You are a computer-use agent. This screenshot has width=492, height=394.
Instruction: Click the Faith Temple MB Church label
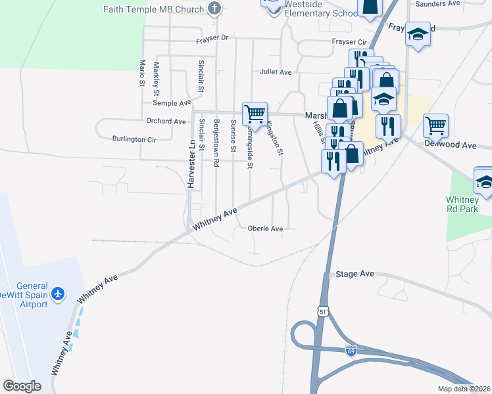click(153, 9)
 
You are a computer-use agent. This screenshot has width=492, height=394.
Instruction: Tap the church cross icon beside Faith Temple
click(214, 9)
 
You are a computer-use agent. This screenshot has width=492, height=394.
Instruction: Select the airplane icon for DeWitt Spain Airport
click(59, 294)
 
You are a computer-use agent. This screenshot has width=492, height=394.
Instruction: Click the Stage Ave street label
click(355, 273)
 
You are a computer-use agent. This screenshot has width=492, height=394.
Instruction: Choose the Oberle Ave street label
click(265, 229)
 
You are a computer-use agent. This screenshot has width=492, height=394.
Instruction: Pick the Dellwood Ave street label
click(450, 144)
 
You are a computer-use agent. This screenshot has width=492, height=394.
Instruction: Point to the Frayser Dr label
click(211, 39)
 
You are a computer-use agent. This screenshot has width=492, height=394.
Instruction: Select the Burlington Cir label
click(134, 139)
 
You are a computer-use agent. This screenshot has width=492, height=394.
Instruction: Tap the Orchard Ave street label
click(166, 121)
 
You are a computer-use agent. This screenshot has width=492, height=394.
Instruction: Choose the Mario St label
click(141, 72)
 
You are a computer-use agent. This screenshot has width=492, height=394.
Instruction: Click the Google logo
click(22, 386)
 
